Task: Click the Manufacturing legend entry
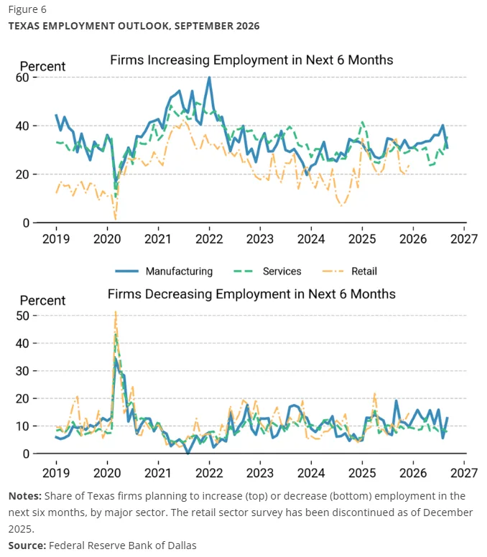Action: pyautogui.click(x=164, y=271)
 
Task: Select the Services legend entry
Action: pyautogui.click(x=267, y=271)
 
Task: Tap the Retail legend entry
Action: pyautogui.click(x=349, y=271)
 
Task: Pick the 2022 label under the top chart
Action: pyautogui.click(x=209, y=239)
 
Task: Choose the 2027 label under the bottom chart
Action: pyautogui.click(x=464, y=473)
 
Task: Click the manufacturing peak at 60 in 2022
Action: pyautogui.click(x=209, y=78)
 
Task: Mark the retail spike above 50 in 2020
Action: pyautogui.click(x=116, y=312)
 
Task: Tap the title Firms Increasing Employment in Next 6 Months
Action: pyautogui.click(x=251, y=60)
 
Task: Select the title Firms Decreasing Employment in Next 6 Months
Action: pyautogui.click(x=251, y=294)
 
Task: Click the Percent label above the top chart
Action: pyautogui.click(x=42, y=67)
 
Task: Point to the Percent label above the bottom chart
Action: pyautogui.click(x=42, y=301)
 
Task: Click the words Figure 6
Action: pyautogui.click(x=27, y=9)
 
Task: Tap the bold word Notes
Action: pyautogui.click(x=25, y=496)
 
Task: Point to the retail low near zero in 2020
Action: pyautogui.click(x=116, y=220)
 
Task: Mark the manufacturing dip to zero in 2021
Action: pyautogui.click(x=188, y=453)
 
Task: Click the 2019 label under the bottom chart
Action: pyautogui.click(x=56, y=473)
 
